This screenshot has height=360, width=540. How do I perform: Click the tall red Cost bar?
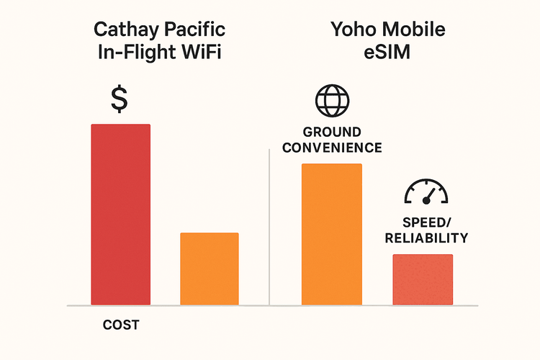pyautogui.click(x=120, y=214)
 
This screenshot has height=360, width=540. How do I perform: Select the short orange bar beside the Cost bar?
pyautogui.click(x=209, y=268)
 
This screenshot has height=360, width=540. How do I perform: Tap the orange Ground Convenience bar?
pyautogui.click(x=331, y=234)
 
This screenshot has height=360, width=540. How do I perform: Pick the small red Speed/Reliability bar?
pyautogui.click(x=423, y=279)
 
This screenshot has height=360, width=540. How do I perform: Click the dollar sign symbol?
pyautogui.click(x=120, y=99)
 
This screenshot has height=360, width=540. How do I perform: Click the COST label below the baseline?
pyautogui.click(x=120, y=325)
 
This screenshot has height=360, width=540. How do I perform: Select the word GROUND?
pyautogui.click(x=332, y=133)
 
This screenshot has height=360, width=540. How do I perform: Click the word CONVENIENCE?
pyautogui.click(x=332, y=148)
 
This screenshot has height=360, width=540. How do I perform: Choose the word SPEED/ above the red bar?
pyautogui.click(x=425, y=223)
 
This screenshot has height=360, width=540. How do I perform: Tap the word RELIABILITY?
pyautogui.click(x=426, y=238)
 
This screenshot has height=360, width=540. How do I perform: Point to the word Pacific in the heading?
pyautogui.click(x=193, y=31)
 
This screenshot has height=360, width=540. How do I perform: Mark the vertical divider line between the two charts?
pyautogui.click(x=269, y=230)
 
